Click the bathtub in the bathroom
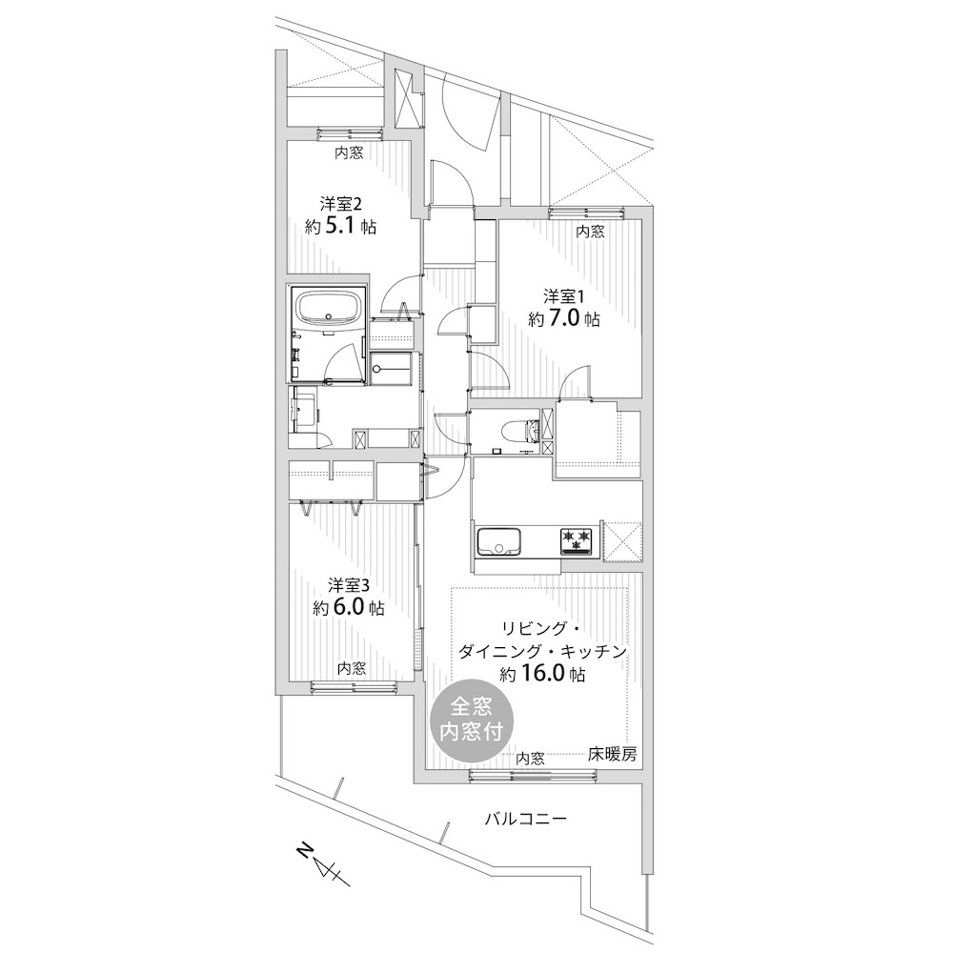tap(329, 312)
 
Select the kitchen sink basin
tap(498, 541)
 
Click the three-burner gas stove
tap(577, 541)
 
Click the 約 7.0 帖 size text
tap(564, 318)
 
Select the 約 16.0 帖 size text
tap(543, 674)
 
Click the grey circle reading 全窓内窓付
tap(472, 719)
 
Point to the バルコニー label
tap(526, 819)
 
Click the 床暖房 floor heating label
tap(613, 754)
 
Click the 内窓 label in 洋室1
tap(590, 232)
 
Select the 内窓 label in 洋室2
tap(350, 152)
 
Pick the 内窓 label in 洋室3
tap(352, 669)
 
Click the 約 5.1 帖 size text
tap(341, 228)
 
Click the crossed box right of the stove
tap(623, 542)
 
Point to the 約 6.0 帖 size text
tap(349, 608)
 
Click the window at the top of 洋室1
tap(586, 213)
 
